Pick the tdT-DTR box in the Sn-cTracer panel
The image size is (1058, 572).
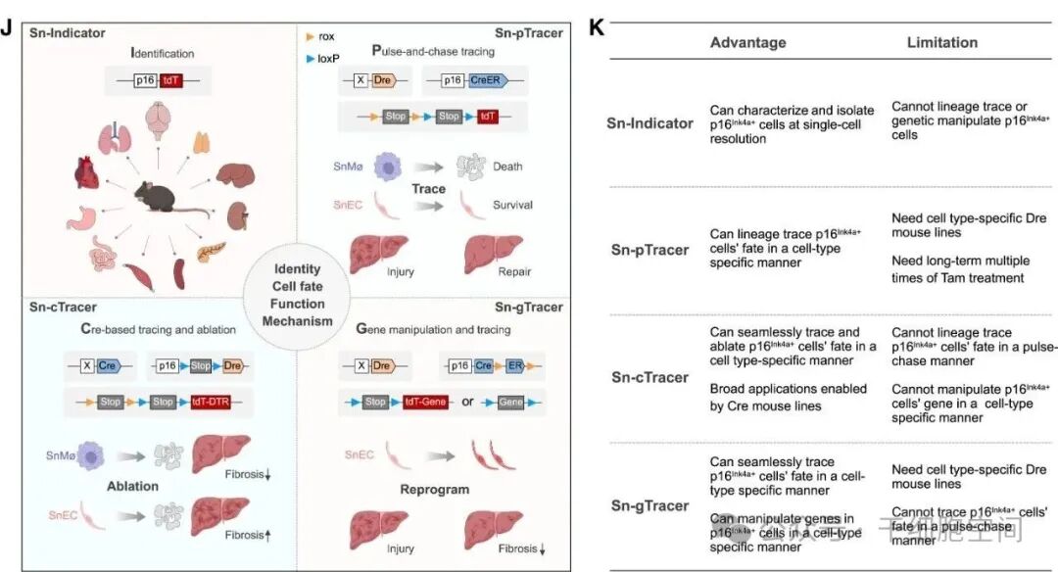point(228,402)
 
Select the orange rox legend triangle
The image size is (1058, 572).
point(311,36)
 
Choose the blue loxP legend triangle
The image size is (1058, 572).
point(311,58)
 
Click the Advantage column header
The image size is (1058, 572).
point(747,42)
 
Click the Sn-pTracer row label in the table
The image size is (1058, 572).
point(649,250)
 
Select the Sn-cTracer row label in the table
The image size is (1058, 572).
point(649,377)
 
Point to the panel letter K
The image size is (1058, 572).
point(596,27)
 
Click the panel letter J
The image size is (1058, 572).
point(8,27)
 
